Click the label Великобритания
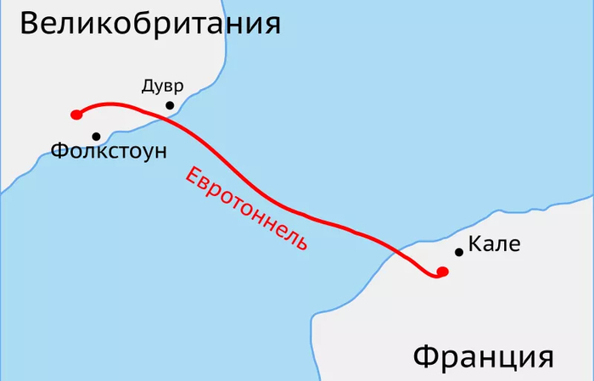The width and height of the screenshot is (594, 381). pyautogui.click(x=149, y=23)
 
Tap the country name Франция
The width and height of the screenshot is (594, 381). pyautogui.click(x=483, y=356)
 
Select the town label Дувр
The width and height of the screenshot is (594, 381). pyautogui.click(x=161, y=86)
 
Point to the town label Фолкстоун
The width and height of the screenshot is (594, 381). pyautogui.click(x=109, y=152)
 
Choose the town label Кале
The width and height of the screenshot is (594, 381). pyautogui.click(x=493, y=246)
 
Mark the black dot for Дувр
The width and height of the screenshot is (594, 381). pyautogui.click(x=170, y=105)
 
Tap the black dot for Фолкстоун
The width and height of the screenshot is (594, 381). pyautogui.click(x=97, y=136)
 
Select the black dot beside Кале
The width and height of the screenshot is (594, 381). pyautogui.click(x=459, y=252)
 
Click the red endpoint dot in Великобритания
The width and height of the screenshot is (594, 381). pyautogui.click(x=76, y=115)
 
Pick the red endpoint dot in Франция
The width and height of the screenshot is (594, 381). pyautogui.click(x=442, y=272)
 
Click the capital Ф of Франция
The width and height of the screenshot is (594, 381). pyautogui.click(x=427, y=356)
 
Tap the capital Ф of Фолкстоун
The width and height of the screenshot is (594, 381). pyautogui.click(x=60, y=152)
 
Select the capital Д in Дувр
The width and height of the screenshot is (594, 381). pyautogui.click(x=148, y=87)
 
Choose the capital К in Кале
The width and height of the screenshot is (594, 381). pyautogui.click(x=474, y=246)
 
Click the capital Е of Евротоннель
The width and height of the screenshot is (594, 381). pyautogui.click(x=192, y=175)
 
